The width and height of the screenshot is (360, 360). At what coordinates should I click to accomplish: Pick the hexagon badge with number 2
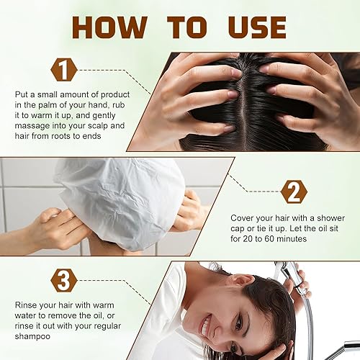pyautogui.click(x=293, y=192)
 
